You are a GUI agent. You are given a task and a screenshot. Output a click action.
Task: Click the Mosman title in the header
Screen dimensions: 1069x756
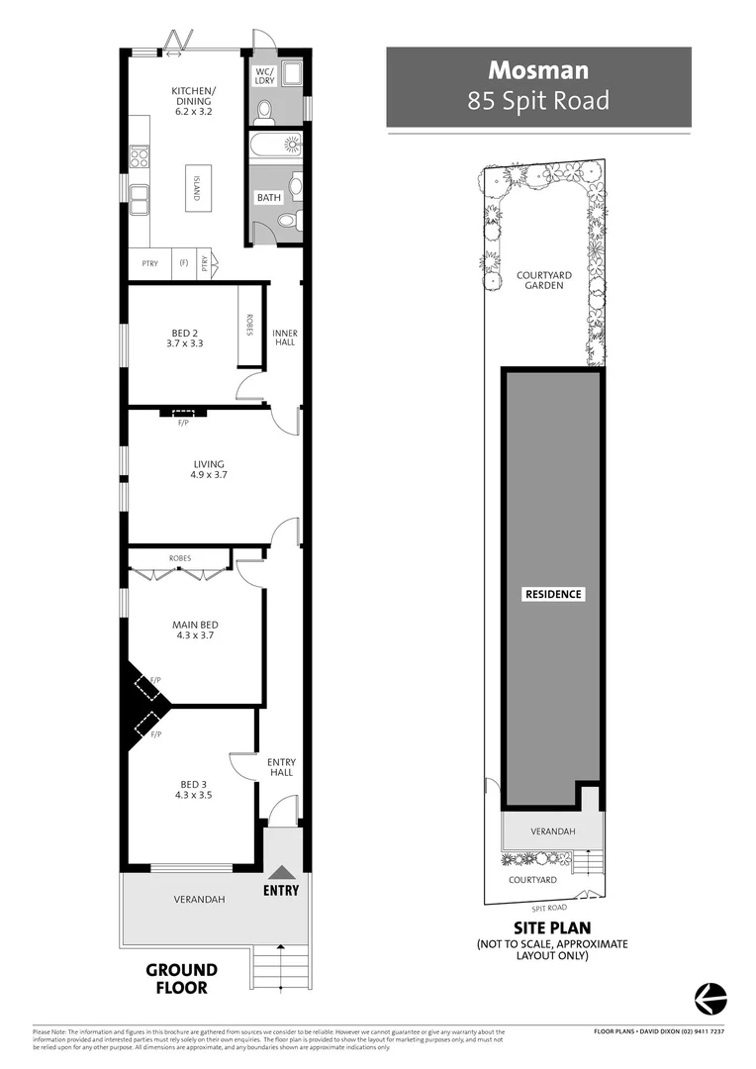pos(538,70)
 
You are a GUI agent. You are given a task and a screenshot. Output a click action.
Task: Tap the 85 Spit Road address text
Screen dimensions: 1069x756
pos(538,100)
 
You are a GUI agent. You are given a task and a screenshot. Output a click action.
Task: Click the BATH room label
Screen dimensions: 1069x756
pos(269,197)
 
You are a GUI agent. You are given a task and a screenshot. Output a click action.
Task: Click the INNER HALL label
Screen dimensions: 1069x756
pos(285,339)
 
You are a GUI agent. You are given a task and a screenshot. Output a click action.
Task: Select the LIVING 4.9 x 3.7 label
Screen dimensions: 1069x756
pos(209,469)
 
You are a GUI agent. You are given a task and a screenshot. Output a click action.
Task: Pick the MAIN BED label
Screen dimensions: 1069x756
pos(195,630)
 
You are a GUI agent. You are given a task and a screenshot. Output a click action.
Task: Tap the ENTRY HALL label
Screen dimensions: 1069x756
pos(281,766)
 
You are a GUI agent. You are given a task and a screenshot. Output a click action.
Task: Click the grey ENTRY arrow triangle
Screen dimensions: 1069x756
pos(282,872)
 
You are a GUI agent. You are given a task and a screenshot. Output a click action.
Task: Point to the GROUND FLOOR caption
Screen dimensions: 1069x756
pos(181,978)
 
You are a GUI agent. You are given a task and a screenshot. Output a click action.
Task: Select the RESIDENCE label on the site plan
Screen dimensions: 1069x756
pos(553,594)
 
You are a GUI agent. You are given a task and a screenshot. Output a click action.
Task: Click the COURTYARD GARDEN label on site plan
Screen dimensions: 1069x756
pos(539,280)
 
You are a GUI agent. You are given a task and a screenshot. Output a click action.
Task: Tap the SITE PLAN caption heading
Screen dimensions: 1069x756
pos(551,927)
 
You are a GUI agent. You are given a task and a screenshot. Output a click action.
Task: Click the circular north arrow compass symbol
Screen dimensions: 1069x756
pos(709,997)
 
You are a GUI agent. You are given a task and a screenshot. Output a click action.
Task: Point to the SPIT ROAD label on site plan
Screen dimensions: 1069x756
pos(549,907)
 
